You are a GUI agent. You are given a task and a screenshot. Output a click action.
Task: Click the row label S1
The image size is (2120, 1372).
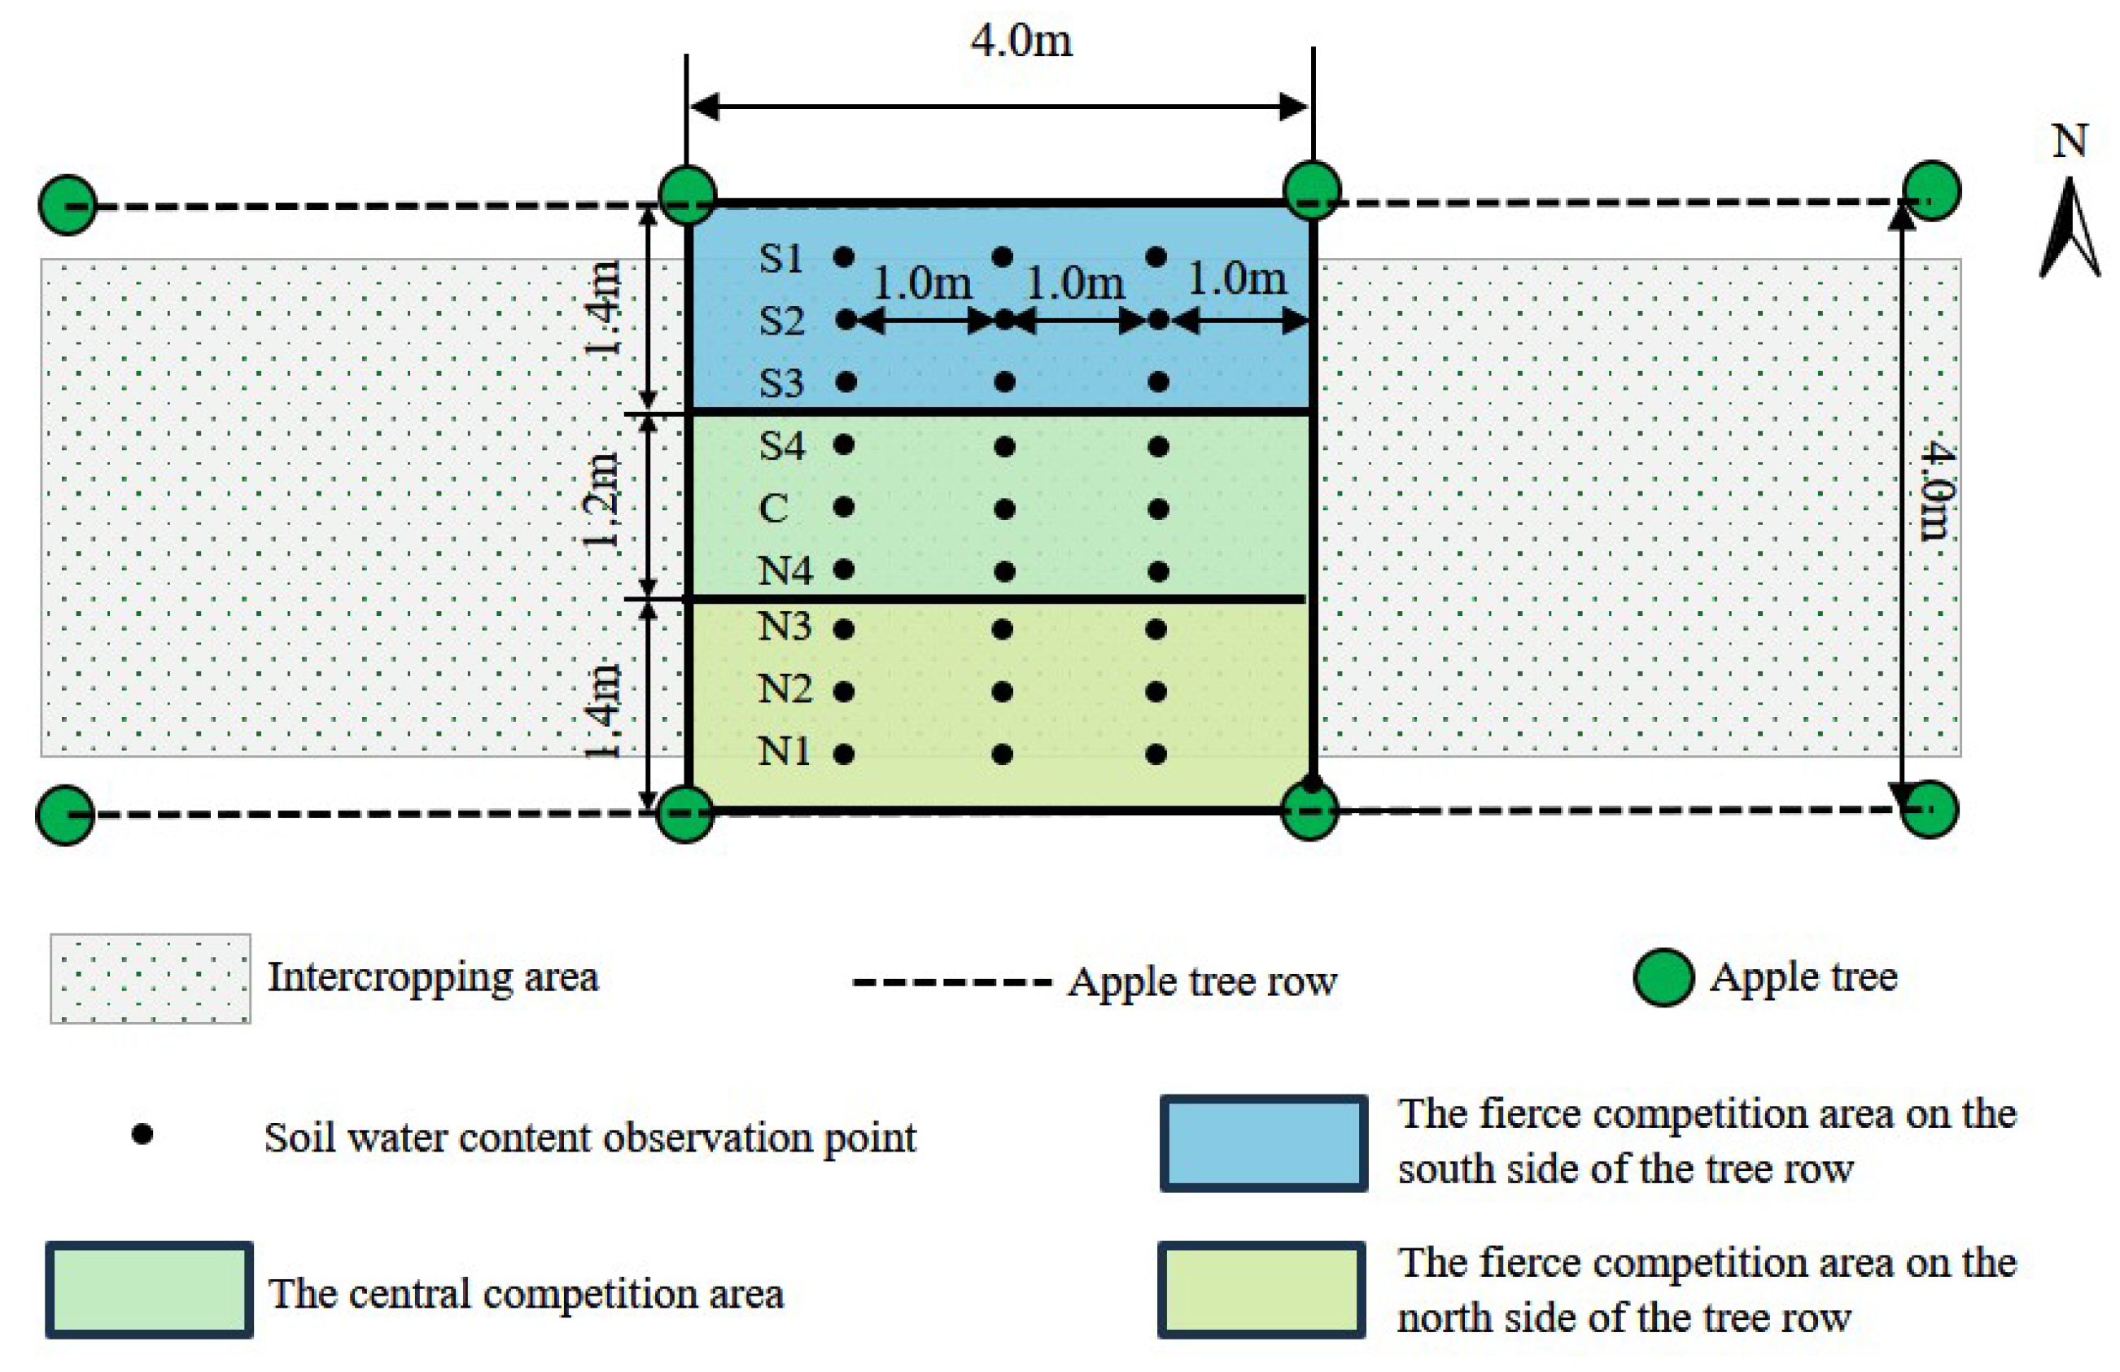[781, 258]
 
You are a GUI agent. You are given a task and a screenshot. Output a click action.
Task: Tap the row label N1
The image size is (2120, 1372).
[784, 753]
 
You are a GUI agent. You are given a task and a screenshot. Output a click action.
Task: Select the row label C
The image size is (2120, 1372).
[773, 509]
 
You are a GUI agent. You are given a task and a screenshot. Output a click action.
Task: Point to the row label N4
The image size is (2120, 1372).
[785, 571]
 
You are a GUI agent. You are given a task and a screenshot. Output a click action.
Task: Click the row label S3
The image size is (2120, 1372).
[781, 383]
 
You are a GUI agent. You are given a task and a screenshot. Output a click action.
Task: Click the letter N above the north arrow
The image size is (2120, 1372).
[2070, 141]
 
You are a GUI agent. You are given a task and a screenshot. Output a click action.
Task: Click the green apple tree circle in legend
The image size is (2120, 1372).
[1663, 977]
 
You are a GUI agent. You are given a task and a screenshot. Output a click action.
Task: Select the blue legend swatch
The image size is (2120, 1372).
[1263, 1143]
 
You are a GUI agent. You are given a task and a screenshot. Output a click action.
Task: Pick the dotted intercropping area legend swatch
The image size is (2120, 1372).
[151, 978]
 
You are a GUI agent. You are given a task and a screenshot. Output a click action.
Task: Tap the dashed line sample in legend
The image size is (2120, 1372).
[951, 983]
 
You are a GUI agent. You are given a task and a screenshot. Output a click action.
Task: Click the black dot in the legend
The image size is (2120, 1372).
[142, 1134]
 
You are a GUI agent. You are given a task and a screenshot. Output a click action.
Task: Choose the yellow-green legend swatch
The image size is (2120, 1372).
[1261, 1290]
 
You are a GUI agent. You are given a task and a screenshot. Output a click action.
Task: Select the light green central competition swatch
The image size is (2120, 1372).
[150, 1290]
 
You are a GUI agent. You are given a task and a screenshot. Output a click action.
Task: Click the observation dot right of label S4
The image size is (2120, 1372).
[845, 443]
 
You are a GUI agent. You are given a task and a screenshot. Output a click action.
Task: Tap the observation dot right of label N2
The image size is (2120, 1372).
[845, 692]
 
